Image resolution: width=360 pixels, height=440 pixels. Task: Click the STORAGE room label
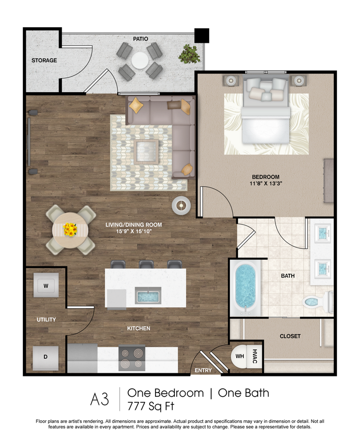click(x=44, y=60)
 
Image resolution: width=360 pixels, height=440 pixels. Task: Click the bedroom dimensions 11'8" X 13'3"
click(x=265, y=184)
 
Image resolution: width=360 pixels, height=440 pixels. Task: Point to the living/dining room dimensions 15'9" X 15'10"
click(x=134, y=232)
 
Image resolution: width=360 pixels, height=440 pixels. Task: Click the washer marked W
click(x=46, y=286)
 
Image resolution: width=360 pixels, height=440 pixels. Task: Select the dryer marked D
click(x=46, y=357)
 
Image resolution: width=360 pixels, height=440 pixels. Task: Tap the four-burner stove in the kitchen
click(x=131, y=358)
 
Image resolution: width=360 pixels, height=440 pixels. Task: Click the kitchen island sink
click(x=148, y=297)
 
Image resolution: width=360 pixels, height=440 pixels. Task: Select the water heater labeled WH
click(x=240, y=357)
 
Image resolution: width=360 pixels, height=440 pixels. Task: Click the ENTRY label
click(x=203, y=371)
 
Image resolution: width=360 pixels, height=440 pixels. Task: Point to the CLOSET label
click(x=290, y=336)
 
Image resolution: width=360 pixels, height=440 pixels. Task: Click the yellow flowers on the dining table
click(x=70, y=229)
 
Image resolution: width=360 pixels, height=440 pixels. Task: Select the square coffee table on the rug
click(x=146, y=152)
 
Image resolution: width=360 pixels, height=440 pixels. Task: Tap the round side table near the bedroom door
click(x=181, y=205)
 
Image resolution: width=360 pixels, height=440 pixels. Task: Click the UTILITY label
click(x=46, y=320)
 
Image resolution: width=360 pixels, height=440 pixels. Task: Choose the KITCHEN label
click(x=139, y=328)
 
